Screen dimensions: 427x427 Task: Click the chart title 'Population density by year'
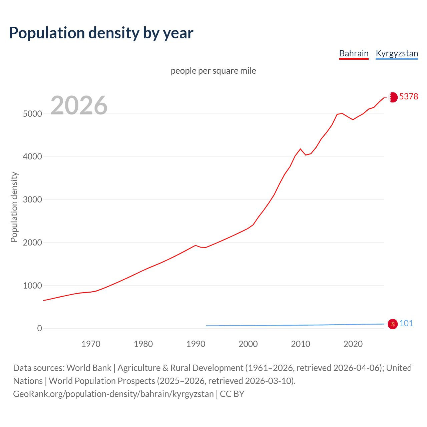[101, 33]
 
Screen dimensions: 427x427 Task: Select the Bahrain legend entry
[354, 53]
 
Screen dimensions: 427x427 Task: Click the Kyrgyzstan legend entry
[397, 53]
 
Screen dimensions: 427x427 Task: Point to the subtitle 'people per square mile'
[213, 71]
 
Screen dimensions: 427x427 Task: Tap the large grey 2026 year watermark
[79, 105]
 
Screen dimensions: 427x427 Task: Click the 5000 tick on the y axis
[32, 114]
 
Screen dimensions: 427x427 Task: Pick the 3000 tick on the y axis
[32, 200]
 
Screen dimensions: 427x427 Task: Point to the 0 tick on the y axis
[40, 329]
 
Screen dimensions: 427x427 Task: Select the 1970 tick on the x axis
[91, 344]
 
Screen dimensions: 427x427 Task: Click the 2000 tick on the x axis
[248, 344]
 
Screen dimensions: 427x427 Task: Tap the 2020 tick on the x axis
[353, 344]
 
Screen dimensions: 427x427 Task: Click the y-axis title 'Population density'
[14, 207]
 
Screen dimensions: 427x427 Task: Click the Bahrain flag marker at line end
[393, 97]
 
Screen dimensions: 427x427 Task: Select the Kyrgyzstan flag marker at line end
[393, 324]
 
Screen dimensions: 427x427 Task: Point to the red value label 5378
[408, 96]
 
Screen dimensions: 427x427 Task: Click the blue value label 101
[406, 323]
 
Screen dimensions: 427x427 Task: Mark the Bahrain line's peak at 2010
[300, 149]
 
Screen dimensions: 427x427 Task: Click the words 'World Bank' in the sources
[89, 368]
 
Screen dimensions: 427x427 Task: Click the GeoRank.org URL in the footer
[113, 394]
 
